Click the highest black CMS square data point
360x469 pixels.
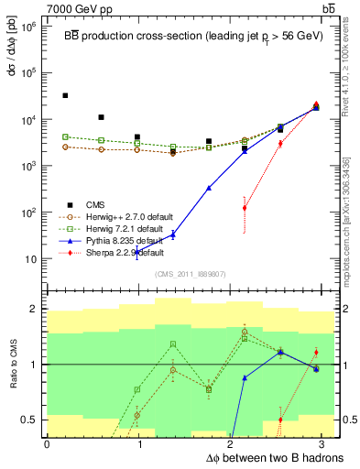[65, 95]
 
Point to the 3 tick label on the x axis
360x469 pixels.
[324, 444]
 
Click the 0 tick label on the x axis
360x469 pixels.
[47, 444]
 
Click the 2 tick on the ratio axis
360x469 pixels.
[35, 309]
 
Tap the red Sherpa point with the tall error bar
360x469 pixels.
[245, 208]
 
